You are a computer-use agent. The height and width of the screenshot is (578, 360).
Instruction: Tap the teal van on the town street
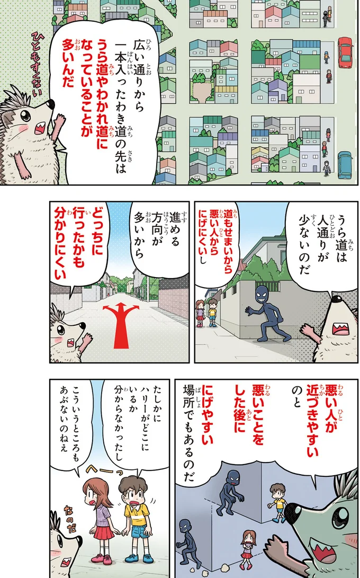(x=345, y=165)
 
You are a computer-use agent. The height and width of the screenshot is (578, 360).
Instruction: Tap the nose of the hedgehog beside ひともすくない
(x=51, y=101)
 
